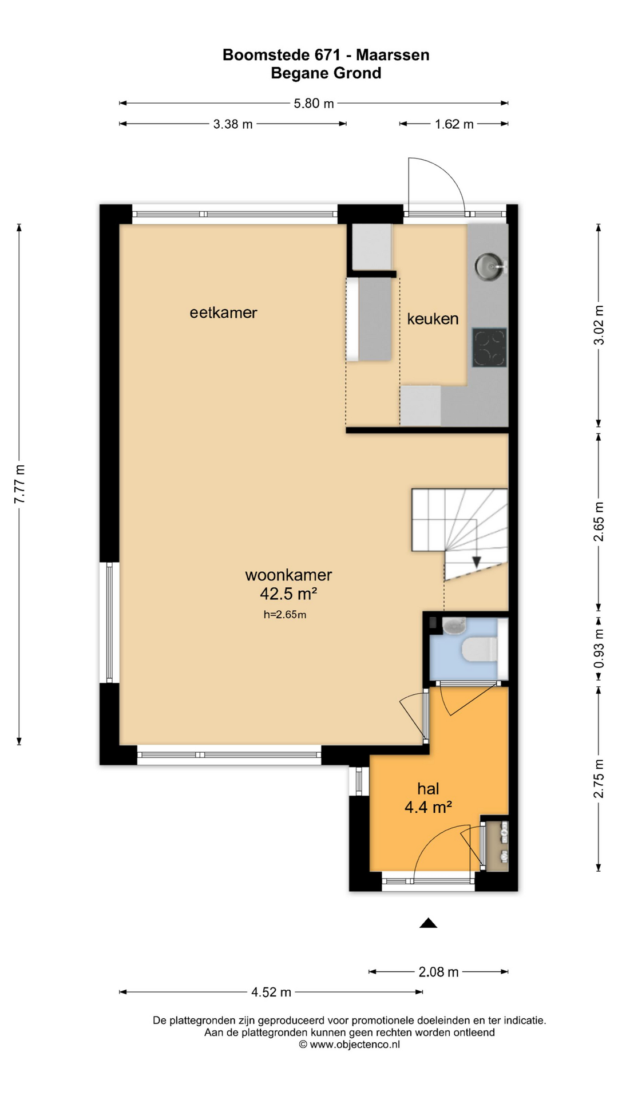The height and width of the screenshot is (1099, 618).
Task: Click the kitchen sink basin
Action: coord(488,265)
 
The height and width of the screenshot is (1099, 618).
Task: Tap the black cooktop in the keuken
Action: coord(489,347)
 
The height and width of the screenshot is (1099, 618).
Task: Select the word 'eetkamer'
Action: coord(223,313)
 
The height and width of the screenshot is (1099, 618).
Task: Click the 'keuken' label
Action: coord(433,319)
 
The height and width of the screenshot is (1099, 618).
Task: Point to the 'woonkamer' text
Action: coord(288,575)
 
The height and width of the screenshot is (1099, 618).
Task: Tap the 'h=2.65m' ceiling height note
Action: coord(284,615)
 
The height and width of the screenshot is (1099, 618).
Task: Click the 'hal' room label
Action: coord(428,789)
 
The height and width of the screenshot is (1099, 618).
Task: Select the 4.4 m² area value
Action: coord(428,807)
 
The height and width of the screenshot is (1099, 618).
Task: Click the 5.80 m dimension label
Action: coord(314,104)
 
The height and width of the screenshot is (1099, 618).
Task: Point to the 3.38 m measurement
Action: coord(233,124)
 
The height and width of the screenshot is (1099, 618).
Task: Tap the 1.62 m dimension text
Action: coord(454,124)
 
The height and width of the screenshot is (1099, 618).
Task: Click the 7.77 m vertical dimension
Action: coord(19,484)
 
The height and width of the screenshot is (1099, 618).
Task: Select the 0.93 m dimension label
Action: coord(599,649)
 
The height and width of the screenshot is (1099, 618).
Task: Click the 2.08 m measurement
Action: coord(438,972)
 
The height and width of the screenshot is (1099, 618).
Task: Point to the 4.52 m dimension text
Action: coord(271,992)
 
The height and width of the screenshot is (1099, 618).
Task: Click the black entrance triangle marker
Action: coord(428,923)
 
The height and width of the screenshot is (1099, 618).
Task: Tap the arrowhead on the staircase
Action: coord(477,562)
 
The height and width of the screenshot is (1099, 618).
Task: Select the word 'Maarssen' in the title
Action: coord(393,55)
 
